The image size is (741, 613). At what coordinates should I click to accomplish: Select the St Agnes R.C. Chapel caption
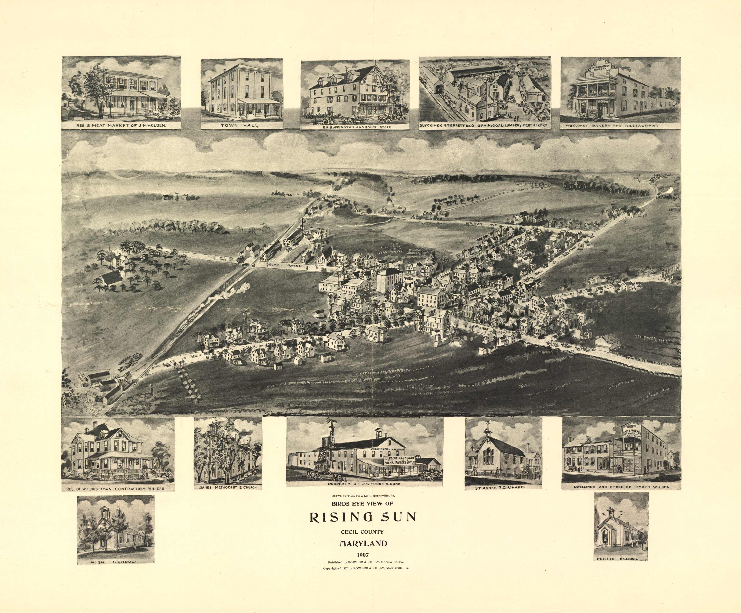(x=503, y=487)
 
